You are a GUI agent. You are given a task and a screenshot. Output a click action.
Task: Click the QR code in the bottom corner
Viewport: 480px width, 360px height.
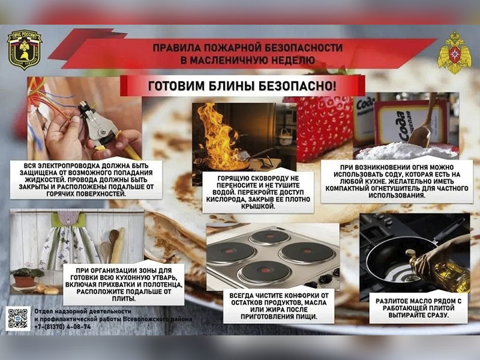18,318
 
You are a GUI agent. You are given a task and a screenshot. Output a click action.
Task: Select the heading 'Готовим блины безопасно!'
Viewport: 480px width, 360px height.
242,86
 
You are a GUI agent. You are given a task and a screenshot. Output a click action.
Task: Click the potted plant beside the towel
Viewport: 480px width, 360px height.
28,277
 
